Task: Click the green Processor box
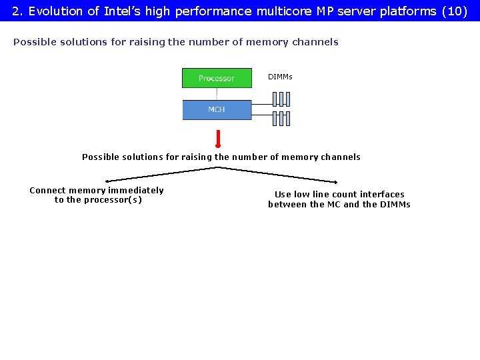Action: pos(217,78)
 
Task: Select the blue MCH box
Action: pos(217,109)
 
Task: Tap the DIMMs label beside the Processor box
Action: pos(280,77)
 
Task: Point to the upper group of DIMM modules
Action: pos(281,99)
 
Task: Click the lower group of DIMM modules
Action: pos(281,119)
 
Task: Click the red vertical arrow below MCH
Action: pos(218,138)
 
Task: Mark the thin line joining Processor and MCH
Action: pos(217,94)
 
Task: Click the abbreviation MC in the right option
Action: pos(334,205)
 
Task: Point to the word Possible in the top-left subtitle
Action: pos(32,42)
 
